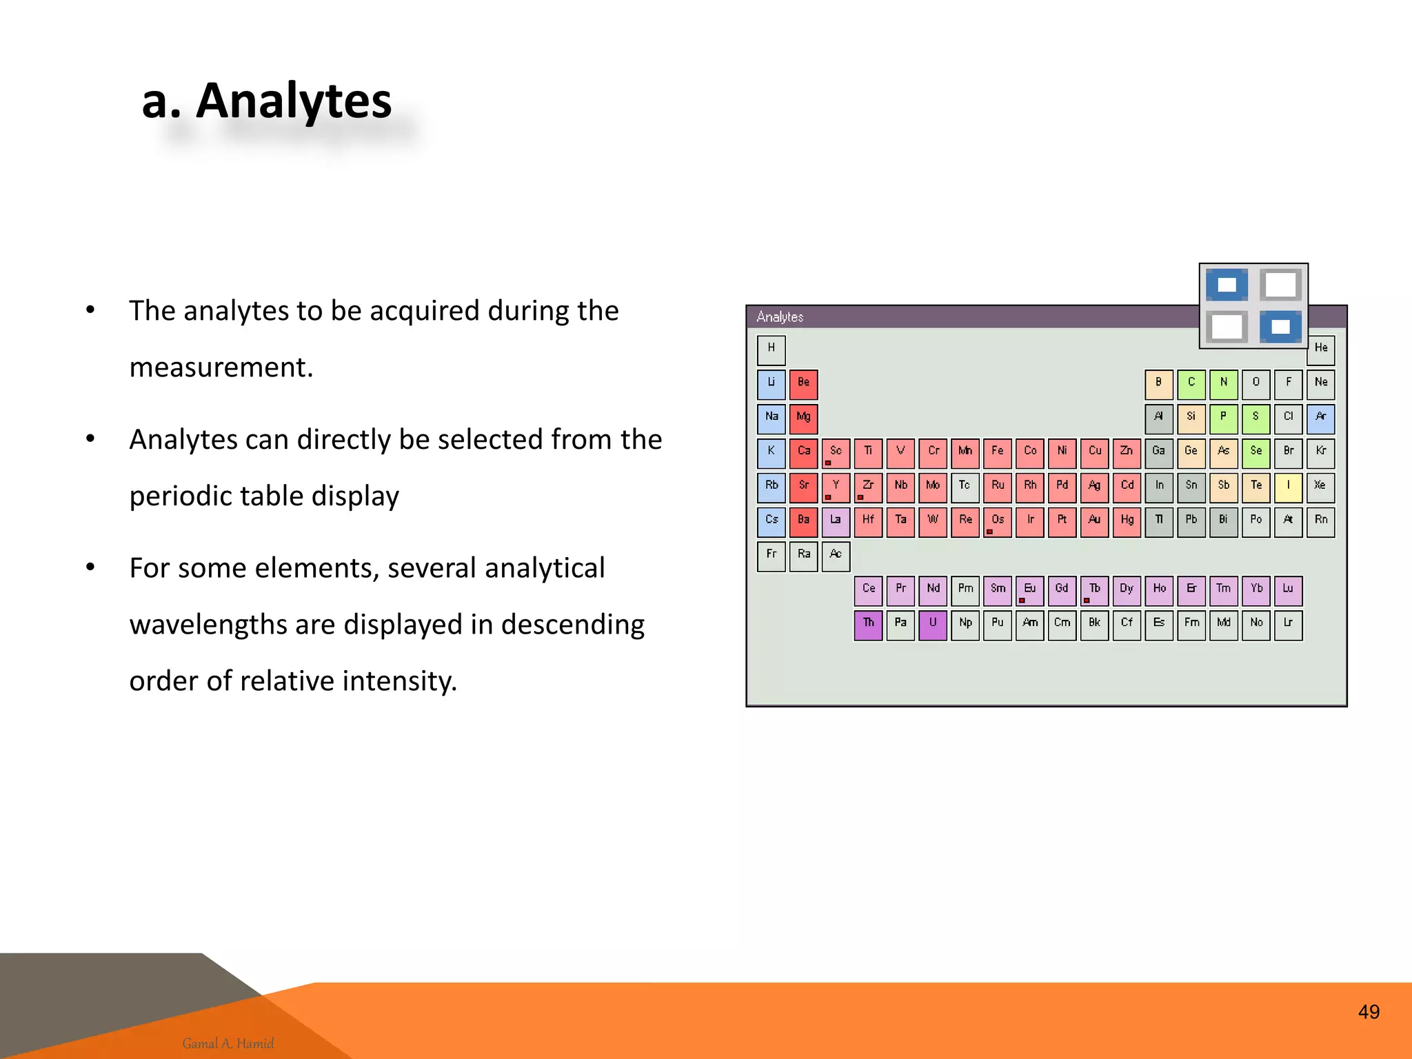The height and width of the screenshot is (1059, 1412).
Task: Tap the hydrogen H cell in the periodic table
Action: pos(771,350)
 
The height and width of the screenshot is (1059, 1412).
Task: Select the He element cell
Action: pos(1320,350)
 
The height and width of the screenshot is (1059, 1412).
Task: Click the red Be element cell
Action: pos(803,384)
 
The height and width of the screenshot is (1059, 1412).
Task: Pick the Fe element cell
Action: pos(997,453)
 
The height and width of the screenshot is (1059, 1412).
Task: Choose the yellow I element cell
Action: pos(1288,487)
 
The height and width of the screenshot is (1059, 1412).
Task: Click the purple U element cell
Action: pos(932,625)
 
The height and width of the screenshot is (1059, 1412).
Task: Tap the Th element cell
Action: pos(868,625)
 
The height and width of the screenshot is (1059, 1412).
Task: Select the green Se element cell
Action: pos(1255,453)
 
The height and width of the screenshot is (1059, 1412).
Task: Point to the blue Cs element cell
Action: pos(771,522)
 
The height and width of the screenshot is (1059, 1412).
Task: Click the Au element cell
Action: pos(1094,522)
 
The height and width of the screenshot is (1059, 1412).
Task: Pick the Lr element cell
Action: pos(1288,625)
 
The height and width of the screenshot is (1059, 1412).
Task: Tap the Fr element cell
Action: pos(771,556)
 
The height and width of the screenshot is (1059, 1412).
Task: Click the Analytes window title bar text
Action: pos(780,316)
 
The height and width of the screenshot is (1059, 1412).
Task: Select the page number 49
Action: pos(1369,1011)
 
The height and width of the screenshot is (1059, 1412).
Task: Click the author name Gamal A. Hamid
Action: pos(228,1043)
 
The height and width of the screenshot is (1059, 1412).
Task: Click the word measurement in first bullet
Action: pos(221,367)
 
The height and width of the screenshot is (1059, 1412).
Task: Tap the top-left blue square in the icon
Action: pos(1227,285)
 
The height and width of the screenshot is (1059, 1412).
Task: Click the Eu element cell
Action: pos(1029,590)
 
